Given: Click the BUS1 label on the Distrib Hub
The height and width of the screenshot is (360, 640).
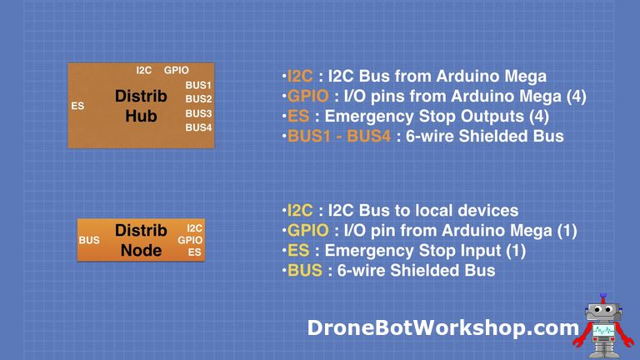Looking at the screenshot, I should (198, 85).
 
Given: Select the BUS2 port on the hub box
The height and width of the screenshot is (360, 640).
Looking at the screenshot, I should (198, 99).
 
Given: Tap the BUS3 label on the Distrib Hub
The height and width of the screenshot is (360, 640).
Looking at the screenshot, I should (198, 113).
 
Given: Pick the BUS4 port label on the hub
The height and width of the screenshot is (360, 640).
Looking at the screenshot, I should (198, 127).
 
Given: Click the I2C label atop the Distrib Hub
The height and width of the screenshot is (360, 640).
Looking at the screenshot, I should (144, 70).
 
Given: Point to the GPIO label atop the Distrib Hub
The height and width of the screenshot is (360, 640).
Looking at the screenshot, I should (177, 70).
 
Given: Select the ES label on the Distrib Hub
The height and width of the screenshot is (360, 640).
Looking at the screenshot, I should (77, 106).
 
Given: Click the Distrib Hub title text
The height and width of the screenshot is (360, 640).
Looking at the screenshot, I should (141, 106).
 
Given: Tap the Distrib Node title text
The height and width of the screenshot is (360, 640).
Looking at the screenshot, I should (141, 239).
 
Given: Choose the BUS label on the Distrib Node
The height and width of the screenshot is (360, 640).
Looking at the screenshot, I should (89, 241).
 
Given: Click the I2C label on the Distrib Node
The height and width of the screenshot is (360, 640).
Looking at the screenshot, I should (194, 227).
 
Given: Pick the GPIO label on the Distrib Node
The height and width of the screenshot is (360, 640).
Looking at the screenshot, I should (190, 240).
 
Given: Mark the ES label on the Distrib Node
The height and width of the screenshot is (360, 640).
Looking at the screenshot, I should (194, 252).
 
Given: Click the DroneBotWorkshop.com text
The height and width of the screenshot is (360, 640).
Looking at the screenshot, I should (442, 327).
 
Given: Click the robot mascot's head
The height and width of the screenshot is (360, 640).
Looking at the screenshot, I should (600, 312).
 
